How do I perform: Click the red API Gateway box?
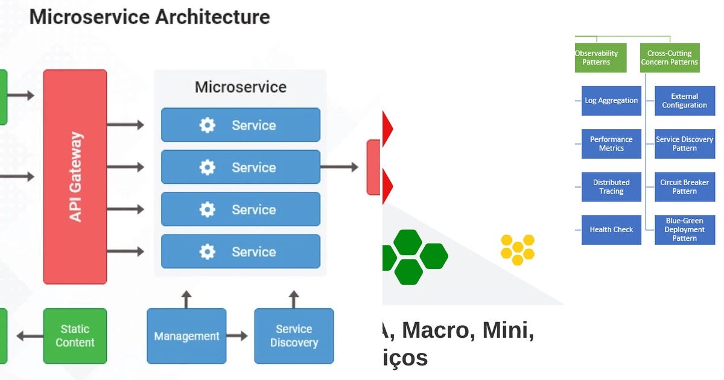click(75, 176)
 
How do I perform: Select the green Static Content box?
click(75, 336)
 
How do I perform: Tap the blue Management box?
click(186, 336)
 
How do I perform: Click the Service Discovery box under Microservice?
click(294, 336)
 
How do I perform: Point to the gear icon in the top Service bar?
click(207, 125)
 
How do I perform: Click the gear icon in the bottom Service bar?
click(207, 252)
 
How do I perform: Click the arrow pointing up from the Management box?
click(186, 299)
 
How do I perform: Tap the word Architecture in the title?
click(212, 17)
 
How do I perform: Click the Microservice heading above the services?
click(240, 87)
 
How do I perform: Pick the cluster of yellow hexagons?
click(518, 250)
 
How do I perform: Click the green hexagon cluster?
click(413, 256)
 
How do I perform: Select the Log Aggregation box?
click(611, 101)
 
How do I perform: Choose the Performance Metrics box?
click(611, 144)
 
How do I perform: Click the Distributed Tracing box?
click(611, 186)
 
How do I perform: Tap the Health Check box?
click(611, 230)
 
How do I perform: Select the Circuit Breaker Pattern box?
click(684, 186)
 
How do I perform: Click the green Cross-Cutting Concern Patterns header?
click(669, 58)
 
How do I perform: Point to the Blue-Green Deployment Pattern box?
click(684, 230)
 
